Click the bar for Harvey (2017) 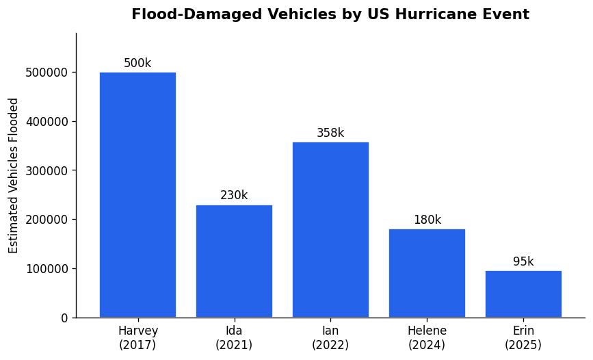click(137, 195)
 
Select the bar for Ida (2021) click(234, 261)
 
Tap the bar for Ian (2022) click(330, 229)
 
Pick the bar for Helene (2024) click(427, 273)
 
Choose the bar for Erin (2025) click(523, 294)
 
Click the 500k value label click(137, 64)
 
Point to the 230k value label click(234, 196)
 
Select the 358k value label click(330, 133)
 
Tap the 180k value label click(427, 220)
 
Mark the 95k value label click(523, 262)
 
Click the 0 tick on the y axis click(64, 318)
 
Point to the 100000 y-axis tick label click(47, 269)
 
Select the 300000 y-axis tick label click(47, 171)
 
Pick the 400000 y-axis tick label click(47, 122)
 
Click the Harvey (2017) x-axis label click(137, 338)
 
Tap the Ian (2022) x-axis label click(330, 338)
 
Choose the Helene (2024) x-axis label click(427, 338)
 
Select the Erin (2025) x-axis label click(523, 338)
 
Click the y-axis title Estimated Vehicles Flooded click(14, 175)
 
